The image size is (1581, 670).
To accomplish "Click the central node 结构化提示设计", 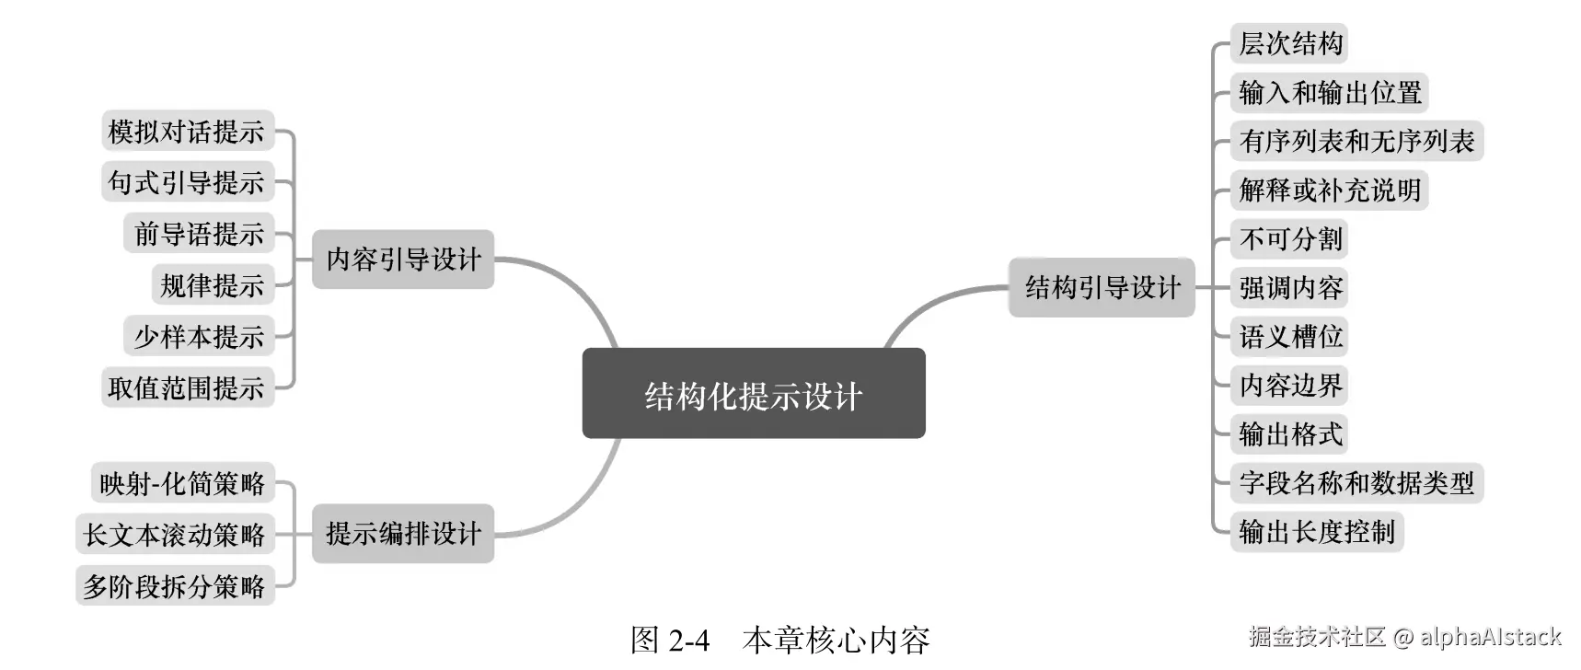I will click(753, 394).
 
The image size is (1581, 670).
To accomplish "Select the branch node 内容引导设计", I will click(403, 260).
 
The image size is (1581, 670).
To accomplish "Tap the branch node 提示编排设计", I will click(403, 534).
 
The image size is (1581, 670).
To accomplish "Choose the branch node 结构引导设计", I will click(1102, 288).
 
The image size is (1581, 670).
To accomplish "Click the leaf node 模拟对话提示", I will click(187, 132).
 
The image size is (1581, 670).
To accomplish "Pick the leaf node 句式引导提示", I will click(187, 183).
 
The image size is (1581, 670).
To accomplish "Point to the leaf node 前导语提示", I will click(199, 234).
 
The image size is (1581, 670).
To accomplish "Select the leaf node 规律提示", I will click(212, 285).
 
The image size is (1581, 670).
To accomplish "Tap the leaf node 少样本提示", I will click(199, 337).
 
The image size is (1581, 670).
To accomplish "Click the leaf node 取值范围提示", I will click(187, 388).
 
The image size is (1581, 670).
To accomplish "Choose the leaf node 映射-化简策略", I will click(182, 483).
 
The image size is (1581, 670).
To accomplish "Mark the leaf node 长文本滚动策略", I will click(175, 535).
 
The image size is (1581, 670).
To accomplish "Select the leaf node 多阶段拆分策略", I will click(175, 586).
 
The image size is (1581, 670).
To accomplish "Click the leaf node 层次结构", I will click(1290, 43).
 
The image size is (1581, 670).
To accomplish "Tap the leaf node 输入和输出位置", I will click(1330, 92).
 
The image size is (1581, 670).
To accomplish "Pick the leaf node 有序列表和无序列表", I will click(1356, 141).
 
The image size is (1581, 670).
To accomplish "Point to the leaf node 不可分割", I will click(1290, 239).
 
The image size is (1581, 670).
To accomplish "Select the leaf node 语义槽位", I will click(1290, 337).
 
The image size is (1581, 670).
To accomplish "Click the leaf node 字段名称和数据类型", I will click(1356, 483).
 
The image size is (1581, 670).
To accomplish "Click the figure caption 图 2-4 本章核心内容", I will click(779, 640).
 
